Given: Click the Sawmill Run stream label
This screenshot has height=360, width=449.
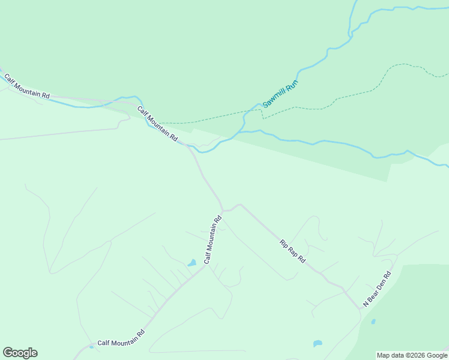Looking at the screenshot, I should point(280,94).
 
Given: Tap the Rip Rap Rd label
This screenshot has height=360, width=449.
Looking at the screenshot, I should point(293,252).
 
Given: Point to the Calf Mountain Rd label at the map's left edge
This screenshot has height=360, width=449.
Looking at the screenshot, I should point(26,87).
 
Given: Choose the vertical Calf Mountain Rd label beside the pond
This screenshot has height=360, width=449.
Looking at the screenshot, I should point(212,240).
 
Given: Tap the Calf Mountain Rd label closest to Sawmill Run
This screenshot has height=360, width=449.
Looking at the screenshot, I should point(158,124).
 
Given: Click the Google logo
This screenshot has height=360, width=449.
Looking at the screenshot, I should point(20,353).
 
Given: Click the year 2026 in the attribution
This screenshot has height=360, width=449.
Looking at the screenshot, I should point(418,355).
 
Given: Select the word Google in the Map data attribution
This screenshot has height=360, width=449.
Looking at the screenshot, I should point(437,355).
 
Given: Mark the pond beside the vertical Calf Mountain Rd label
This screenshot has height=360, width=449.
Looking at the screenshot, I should point(191,263).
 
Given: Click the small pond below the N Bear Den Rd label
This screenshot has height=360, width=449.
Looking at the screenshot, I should point(373,322).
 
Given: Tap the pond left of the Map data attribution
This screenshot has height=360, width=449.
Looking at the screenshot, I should point(318,344).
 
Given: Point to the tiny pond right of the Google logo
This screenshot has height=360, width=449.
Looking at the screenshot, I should point(91,346).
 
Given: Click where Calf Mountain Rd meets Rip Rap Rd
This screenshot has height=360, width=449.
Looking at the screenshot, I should point(223,211).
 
